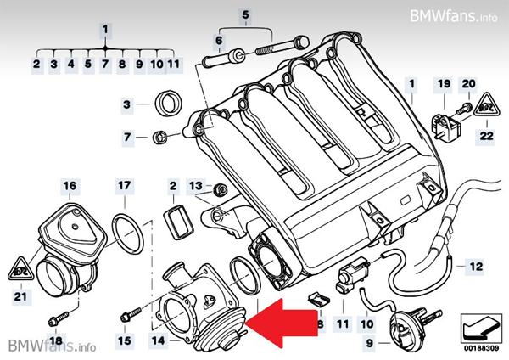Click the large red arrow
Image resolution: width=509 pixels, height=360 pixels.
(281, 323)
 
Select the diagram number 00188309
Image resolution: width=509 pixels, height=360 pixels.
(481, 348)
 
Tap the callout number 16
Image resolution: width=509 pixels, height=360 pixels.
(70, 186)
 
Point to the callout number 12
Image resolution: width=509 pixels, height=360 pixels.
(476, 267)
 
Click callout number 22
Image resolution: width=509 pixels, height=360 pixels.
(486, 136)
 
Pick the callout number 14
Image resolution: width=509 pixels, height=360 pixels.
(159, 340)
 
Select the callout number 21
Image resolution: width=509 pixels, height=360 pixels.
(20, 296)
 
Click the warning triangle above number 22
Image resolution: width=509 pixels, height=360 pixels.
(486, 104)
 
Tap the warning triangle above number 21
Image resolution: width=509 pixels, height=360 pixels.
(21, 268)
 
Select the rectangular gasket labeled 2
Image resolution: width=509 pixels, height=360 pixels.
(178, 222)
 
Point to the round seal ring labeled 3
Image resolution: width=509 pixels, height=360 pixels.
(169, 104)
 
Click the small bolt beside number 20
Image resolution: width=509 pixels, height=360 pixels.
(465, 108)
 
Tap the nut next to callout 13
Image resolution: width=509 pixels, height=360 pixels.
(221, 189)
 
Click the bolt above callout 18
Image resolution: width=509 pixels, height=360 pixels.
(59, 318)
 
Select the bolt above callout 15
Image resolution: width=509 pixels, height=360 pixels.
(131, 314)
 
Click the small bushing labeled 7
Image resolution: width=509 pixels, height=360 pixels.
(159, 138)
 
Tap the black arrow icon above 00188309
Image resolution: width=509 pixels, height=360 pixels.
(481, 328)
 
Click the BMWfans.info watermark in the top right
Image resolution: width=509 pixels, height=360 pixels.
(454, 15)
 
